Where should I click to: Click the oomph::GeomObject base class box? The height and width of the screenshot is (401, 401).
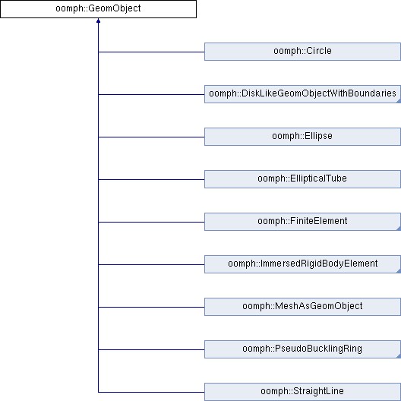click(x=98, y=9)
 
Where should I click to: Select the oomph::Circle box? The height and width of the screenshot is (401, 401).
click(x=302, y=52)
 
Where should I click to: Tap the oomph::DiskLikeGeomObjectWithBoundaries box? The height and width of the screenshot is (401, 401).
click(x=302, y=94)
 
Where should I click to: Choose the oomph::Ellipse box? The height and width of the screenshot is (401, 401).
click(x=302, y=137)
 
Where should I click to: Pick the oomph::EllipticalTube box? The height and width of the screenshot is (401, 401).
click(x=302, y=179)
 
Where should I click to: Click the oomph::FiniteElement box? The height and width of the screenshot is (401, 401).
click(x=302, y=222)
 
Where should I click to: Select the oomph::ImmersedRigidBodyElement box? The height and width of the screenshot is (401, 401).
click(x=302, y=264)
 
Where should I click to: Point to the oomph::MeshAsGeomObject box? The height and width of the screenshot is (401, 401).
click(x=302, y=307)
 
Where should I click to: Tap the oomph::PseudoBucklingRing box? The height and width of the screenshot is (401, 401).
click(x=302, y=349)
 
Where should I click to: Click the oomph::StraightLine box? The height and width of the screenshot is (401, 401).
click(x=302, y=392)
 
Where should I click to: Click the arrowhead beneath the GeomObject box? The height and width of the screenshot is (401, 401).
click(x=98, y=21)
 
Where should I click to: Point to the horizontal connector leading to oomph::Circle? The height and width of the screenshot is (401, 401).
click(x=151, y=52)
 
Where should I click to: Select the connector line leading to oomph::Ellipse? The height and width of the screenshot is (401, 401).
click(x=151, y=137)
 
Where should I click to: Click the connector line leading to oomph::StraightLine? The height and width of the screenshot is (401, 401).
click(x=151, y=392)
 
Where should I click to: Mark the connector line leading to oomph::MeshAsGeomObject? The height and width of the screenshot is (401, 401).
click(x=151, y=307)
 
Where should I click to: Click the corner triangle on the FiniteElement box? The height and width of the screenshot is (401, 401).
click(x=399, y=229)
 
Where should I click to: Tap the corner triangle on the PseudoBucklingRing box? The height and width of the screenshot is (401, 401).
click(x=399, y=356)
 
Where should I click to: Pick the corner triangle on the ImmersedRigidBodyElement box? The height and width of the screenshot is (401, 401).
click(x=399, y=271)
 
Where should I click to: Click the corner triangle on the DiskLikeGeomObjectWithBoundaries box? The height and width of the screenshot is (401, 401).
click(x=399, y=101)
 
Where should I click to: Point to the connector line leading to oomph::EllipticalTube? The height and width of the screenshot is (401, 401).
click(x=151, y=179)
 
